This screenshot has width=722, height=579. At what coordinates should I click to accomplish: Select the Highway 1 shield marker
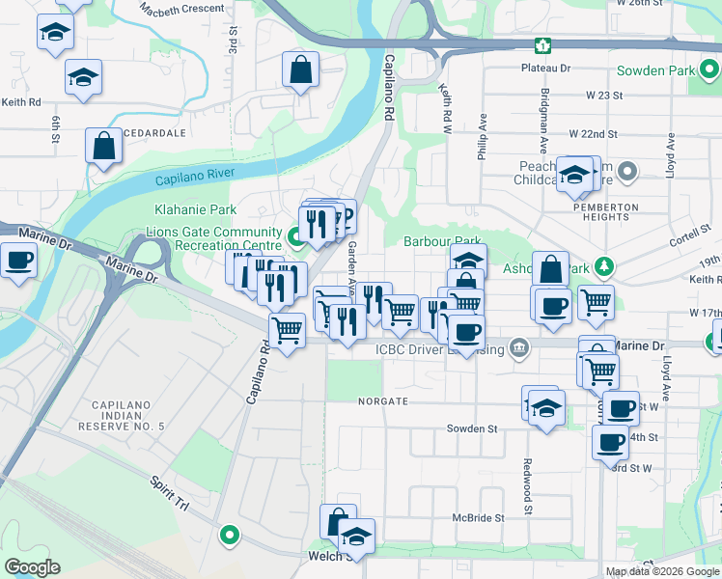(x=544, y=45)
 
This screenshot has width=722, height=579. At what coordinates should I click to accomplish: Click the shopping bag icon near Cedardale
(x=103, y=148)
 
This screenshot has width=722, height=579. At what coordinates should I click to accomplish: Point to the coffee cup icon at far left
(x=18, y=261)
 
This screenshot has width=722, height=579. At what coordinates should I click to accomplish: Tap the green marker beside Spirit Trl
(x=230, y=533)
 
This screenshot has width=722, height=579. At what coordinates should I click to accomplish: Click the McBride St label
(x=479, y=518)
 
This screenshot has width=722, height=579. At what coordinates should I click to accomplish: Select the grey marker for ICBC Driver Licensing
(x=518, y=346)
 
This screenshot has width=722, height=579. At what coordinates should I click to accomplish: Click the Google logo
(x=32, y=567)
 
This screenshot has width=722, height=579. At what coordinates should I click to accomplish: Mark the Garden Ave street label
(x=352, y=262)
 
